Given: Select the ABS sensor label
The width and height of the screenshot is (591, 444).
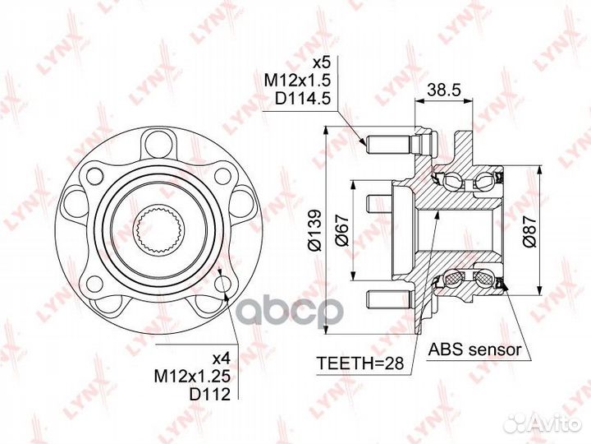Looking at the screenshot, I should [475, 349].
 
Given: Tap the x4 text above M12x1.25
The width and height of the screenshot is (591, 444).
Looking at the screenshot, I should [221, 358].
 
